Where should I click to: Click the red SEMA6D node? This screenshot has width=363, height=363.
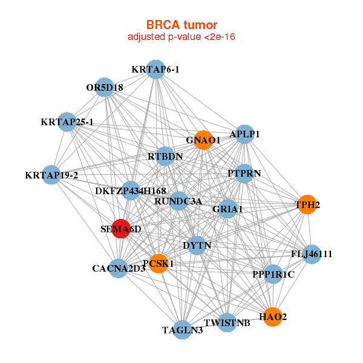point(121,229)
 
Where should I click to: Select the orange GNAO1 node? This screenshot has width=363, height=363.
point(203,140)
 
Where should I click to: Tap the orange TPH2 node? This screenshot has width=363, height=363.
point(307,204)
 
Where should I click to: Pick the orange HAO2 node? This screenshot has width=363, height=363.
point(273,316)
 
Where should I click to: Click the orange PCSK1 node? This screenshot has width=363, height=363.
point(158,263)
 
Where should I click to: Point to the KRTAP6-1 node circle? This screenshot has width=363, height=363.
point(156,69)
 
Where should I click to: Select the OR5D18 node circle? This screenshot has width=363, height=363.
point(105,87)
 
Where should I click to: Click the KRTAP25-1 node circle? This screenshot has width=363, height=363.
point(68,122)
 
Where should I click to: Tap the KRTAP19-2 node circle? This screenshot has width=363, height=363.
point(52,175)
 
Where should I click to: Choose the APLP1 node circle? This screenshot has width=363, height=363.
point(244,134)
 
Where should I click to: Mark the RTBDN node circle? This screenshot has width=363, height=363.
point(165,156)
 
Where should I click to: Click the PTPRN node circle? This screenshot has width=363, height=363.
point(244,173)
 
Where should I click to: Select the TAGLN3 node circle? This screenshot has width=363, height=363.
point(183,330)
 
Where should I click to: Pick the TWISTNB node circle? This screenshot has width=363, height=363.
point(227,322)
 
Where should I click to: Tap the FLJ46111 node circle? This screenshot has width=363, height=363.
point(312,253)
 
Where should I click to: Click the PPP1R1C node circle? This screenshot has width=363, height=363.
point(273,274)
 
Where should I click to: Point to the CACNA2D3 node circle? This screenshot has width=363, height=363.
point(119,268)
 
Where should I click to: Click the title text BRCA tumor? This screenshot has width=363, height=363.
point(181,25)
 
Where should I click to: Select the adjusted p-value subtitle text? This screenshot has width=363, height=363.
point(181,37)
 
